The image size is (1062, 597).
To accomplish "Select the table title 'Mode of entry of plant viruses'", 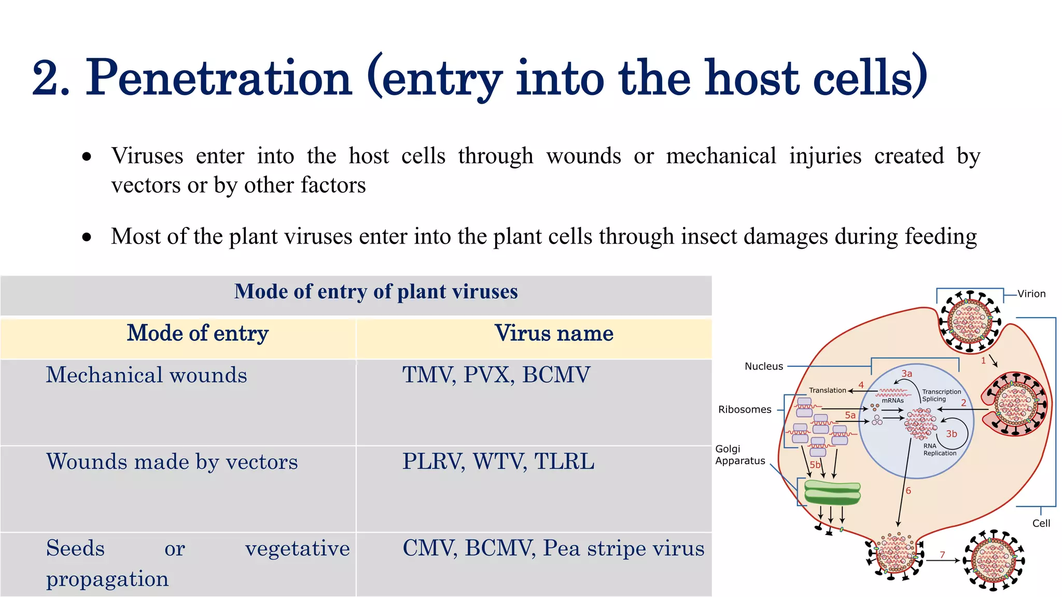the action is [376, 292].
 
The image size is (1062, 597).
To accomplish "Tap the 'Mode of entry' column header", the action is [198, 333].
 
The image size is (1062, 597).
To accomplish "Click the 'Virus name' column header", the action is [554, 333].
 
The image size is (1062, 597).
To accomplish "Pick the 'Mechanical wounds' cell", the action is [146, 375].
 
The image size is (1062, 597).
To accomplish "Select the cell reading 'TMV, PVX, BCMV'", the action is [496, 375].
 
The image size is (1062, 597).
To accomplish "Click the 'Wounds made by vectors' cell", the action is [172, 462].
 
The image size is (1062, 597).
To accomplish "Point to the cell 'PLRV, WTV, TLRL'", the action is [498, 462].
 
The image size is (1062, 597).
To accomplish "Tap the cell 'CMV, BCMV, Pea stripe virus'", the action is [553, 548].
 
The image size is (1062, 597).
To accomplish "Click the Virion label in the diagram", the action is [1031, 294].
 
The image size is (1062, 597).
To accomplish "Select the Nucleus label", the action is [763, 366].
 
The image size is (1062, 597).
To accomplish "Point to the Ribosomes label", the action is [745, 409].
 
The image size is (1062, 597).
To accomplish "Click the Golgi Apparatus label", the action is [740, 455].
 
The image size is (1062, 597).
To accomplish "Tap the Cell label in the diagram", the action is [1041, 523].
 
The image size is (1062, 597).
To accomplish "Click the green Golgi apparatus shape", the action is [832, 492].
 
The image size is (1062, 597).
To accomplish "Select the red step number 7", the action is [942, 555].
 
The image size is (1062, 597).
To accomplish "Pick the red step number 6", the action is [908, 490].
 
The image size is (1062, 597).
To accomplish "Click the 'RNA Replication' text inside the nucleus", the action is [939, 449].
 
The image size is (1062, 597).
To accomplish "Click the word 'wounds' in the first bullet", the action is [583, 156].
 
